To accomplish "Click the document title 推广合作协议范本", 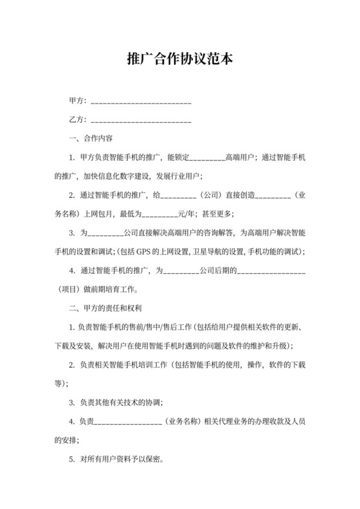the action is [179, 60].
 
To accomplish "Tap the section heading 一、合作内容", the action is [92, 138].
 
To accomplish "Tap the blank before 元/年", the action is [158, 213].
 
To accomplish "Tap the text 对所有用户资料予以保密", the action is [122, 460].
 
